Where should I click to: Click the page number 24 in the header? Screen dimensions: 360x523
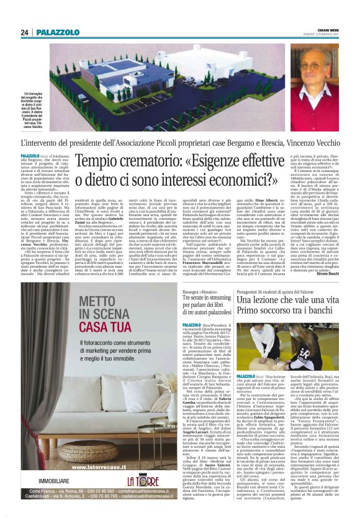point(24,32)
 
